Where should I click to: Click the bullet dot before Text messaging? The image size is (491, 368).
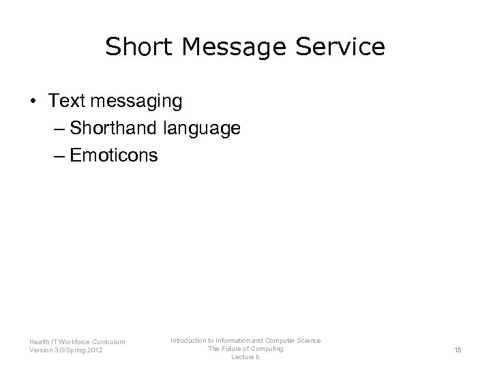[x=33, y=101]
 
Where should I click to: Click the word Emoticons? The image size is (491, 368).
[x=114, y=155]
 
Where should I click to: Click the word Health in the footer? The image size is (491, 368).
[x=39, y=342]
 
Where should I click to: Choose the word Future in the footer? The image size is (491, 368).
[x=235, y=349]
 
